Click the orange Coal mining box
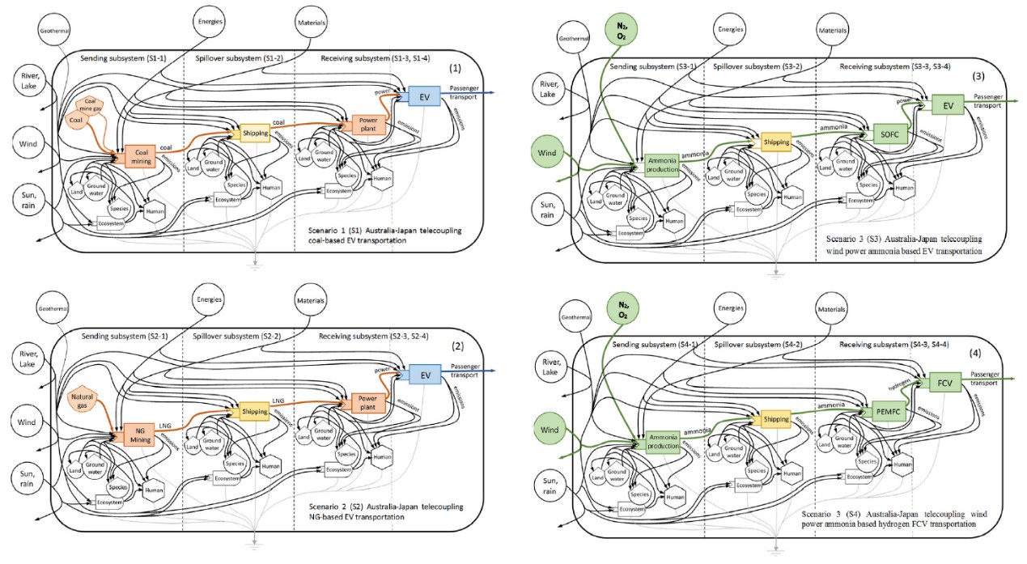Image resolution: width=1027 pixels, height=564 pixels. pos(142,156)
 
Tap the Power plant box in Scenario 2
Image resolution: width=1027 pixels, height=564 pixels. pos(366,402)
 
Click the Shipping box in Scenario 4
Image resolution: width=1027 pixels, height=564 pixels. pos(776,418)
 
